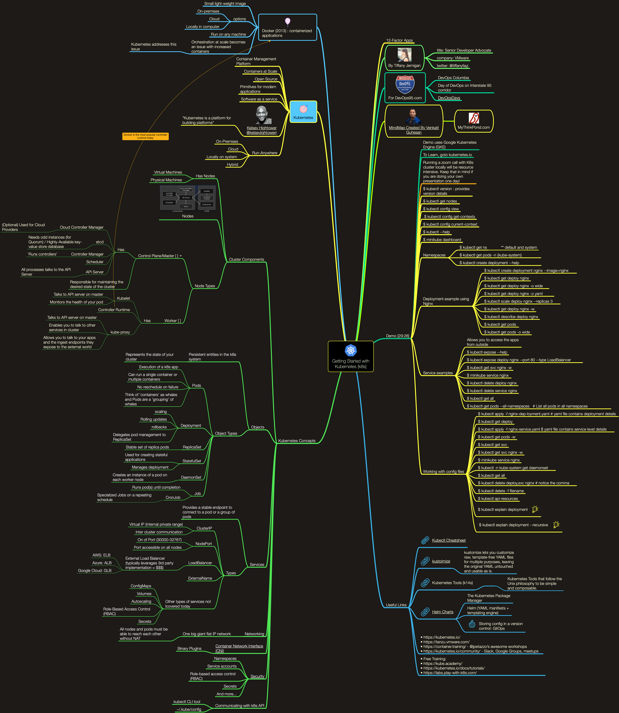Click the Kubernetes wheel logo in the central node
point(351,350)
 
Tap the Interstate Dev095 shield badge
point(405,85)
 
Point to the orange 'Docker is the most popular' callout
point(145,136)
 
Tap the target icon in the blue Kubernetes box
point(303,109)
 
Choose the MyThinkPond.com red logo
point(474,118)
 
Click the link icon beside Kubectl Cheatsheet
point(425,540)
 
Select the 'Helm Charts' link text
point(442,612)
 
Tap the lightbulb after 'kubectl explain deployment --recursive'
point(556,525)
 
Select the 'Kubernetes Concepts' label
point(297,441)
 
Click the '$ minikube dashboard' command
point(442,240)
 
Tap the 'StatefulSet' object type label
point(192,461)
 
